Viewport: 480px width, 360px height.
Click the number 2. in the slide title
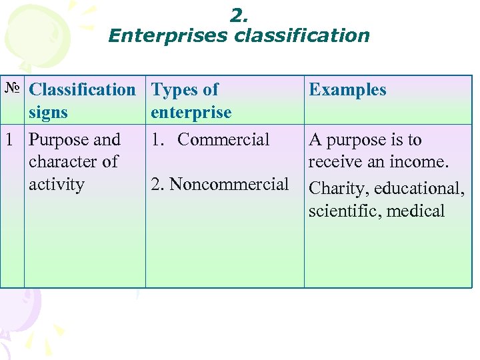pyautogui.click(x=238, y=15)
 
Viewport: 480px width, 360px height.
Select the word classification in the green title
pyautogui.click(x=302, y=35)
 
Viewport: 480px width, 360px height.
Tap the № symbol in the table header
pyautogui.click(x=12, y=89)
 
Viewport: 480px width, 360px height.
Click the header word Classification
pyautogui.click(x=83, y=89)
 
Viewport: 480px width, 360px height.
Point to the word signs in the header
pyautogui.click(x=48, y=113)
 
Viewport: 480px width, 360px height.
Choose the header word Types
pyautogui.click(x=176, y=89)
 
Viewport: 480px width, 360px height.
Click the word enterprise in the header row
pyautogui.click(x=191, y=113)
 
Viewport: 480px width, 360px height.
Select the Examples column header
pyautogui.click(x=347, y=90)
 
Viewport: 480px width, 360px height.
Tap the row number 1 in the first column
pyautogui.click(x=9, y=140)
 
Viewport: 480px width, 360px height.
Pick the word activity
pyautogui.click(x=57, y=185)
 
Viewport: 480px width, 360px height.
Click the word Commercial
pyautogui.click(x=223, y=140)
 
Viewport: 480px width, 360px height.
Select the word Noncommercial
pyautogui.click(x=229, y=185)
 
